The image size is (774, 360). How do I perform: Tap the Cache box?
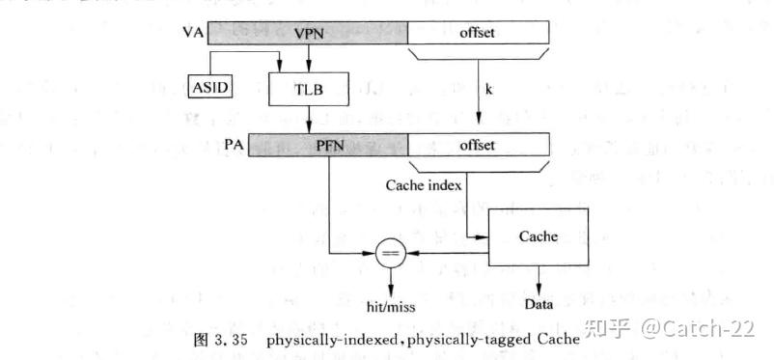(539, 235)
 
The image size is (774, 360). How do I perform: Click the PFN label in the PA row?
(329, 145)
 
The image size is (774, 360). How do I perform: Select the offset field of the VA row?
(478, 33)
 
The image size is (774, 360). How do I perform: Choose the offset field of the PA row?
(478, 145)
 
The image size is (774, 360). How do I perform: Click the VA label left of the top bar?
(192, 33)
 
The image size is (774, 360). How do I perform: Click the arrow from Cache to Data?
(539, 281)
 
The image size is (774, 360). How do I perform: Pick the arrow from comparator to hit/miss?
(391, 281)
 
